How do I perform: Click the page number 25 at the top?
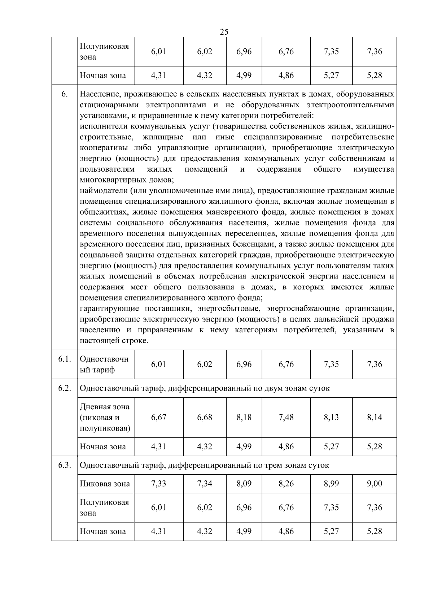pyautogui.click(x=224, y=32)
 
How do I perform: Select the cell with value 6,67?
pyautogui.click(x=158, y=417)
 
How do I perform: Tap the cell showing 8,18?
pyautogui.click(x=244, y=417)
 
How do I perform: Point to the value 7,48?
pyautogui.click(x=286, y=417)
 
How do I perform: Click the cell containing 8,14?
pyautogui.click(x=374, y=417)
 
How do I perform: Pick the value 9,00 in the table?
pyautogui.click(x=374, y=483)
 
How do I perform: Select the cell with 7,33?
pyautogui.click(x=158, y=483)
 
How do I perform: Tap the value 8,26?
pyautogui.click(x=286, y=483)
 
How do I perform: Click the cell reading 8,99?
pyautogui.click(x=331, y=483)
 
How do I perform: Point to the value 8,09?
pyautogui.click(x=244, y=483)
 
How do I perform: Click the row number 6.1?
pyautogui.click(x=64, y=359)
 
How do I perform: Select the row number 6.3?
pyautogui.click(x=64, y=465)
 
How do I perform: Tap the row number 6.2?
pyautogui.click(x=64, y=388)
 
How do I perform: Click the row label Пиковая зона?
pyautogui.click(x=105, y=484)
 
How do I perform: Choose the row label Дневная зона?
pyautogui.click(x=104, y=407)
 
